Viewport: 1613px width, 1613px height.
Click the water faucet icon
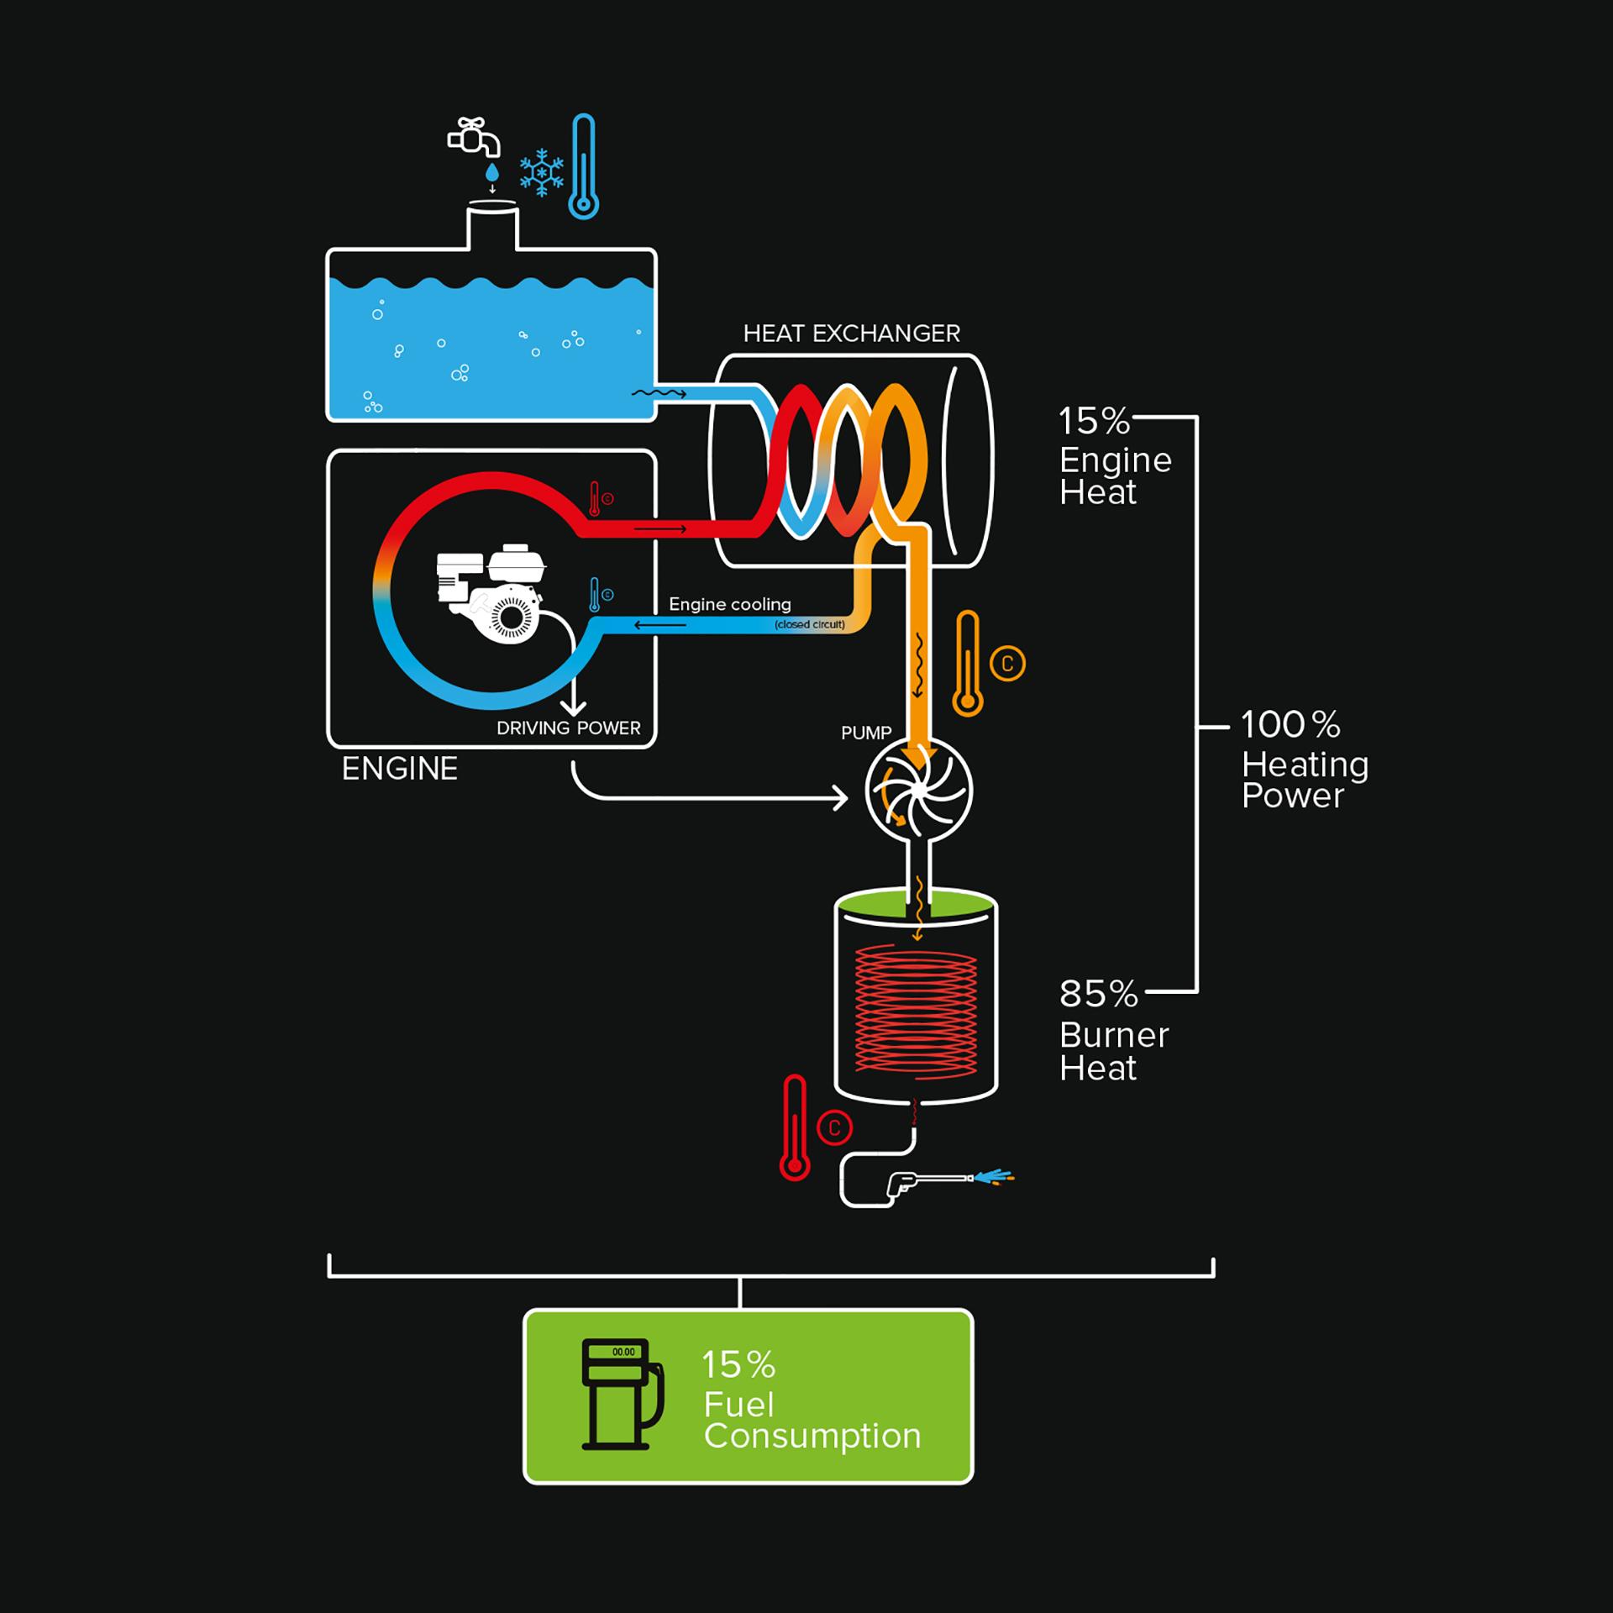pos(474,137)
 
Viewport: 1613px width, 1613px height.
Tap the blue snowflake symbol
pos(541,173)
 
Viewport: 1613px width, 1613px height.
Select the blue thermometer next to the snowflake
pos(583,167)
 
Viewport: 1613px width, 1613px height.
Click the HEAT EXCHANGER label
pos(851,334)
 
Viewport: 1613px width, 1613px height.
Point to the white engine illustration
pos(491,591)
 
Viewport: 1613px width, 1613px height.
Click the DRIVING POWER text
pos(568,728)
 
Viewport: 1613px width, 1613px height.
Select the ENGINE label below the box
pos(400,769)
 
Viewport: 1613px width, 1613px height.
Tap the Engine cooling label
pos(730,604)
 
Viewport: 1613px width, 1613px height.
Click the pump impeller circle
pos(918,790)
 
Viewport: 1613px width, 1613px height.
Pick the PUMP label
pos(866,733)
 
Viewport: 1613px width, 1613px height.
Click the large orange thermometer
pos(968,664)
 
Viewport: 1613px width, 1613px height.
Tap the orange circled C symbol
pos(1007,664)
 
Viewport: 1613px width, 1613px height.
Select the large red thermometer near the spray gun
pos(794,1128)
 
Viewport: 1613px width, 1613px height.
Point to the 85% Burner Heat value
pos(1098,995)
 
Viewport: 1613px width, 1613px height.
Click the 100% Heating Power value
pos(1290,725)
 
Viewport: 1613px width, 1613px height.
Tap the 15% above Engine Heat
pos(1094,422)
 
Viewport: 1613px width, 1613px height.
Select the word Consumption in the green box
pos(812,1436)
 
